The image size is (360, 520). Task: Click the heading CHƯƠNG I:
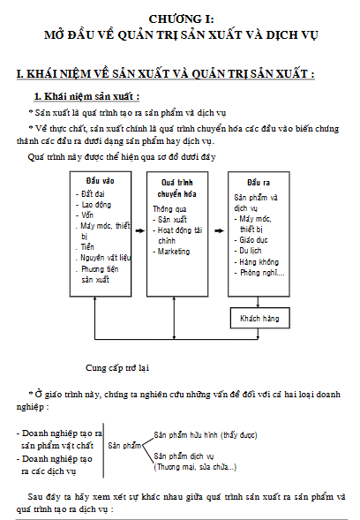[182, 19]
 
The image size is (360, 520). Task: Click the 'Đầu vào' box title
[100, 181]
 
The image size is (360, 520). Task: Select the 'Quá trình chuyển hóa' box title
[177, 188]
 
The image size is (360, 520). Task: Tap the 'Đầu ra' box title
[259, 183]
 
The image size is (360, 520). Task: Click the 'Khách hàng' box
[260, 318]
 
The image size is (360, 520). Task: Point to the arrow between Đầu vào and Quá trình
[140, 230]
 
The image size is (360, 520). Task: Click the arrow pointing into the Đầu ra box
[219, 230]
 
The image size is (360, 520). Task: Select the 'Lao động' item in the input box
[96, 205]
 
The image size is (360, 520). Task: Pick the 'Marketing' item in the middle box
[174, 252]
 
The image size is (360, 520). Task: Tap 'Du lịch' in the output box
[251, 251]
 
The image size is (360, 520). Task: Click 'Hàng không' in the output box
[259, 261]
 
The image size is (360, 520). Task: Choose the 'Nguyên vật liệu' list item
[105, 258]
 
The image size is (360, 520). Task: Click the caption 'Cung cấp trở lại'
[117, 368]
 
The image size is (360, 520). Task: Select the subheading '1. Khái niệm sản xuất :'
[86, 96]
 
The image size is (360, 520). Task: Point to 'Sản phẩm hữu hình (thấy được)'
[206, 434]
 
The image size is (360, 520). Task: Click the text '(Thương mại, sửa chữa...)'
[195, 467]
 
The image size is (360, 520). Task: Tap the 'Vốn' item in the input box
[87, 215]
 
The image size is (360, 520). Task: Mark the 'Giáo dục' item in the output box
[253, 240]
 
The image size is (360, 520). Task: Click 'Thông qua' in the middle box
[169, 209]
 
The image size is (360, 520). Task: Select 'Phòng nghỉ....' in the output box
[262, 273]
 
